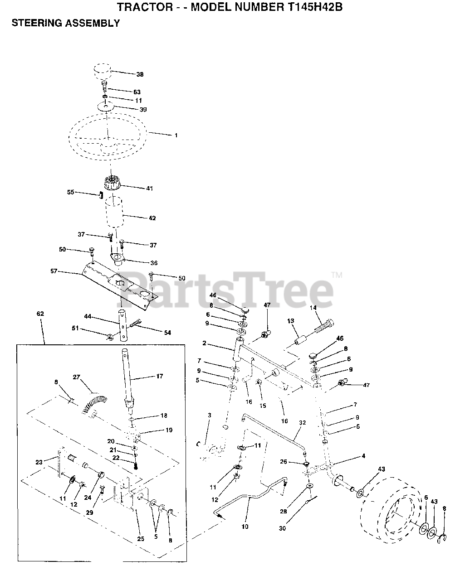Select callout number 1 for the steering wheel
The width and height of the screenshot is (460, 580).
[176, 135]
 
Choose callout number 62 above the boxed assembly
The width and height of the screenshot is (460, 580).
[40, 314]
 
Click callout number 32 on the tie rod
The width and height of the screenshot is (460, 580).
[302, 422]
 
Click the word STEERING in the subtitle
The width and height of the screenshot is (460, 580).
[33, 23]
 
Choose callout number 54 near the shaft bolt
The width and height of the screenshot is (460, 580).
[167, 333]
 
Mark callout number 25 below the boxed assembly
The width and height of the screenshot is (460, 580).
[141, 538]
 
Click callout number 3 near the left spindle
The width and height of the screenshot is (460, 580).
[209, 415]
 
